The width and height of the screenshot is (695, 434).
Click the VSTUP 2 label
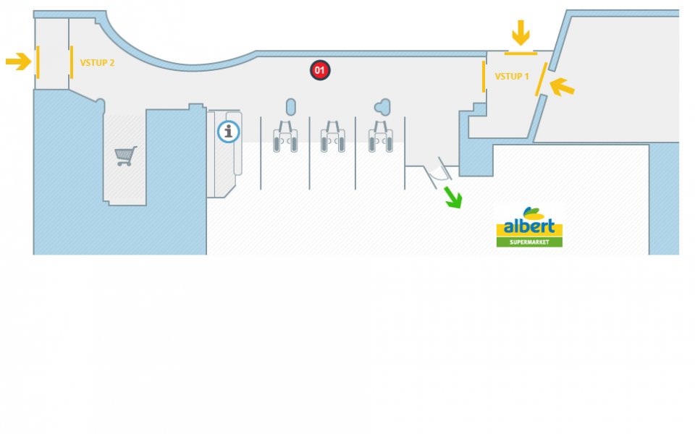[97, 63]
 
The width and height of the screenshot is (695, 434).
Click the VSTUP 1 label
[512, 76]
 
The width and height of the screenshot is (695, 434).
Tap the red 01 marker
[320, 70]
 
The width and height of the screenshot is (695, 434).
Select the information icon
[229, 131]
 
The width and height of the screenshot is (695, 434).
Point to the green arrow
[452, 197]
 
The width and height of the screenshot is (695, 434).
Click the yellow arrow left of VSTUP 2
[18, 61]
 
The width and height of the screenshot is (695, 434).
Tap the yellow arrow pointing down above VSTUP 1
[521, 33]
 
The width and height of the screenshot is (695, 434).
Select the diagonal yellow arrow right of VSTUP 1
[563, 88]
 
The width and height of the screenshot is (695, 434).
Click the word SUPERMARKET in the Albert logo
[529, 242]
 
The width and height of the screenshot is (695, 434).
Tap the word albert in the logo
[529, 226]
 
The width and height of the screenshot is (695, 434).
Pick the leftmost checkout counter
[285, 137]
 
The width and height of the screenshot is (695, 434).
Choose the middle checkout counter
[333, 137]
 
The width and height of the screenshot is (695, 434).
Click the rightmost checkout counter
[381, 137]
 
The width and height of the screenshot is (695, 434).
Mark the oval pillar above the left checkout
[291, 107]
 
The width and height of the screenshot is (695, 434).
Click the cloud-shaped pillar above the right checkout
[382, 107]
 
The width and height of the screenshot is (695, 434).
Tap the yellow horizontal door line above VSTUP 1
[521, 54]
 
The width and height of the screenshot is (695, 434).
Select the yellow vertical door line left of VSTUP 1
[484, 77]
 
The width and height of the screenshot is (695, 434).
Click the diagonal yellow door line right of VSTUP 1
[540, 85]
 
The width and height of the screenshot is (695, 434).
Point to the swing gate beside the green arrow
[437, 171]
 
